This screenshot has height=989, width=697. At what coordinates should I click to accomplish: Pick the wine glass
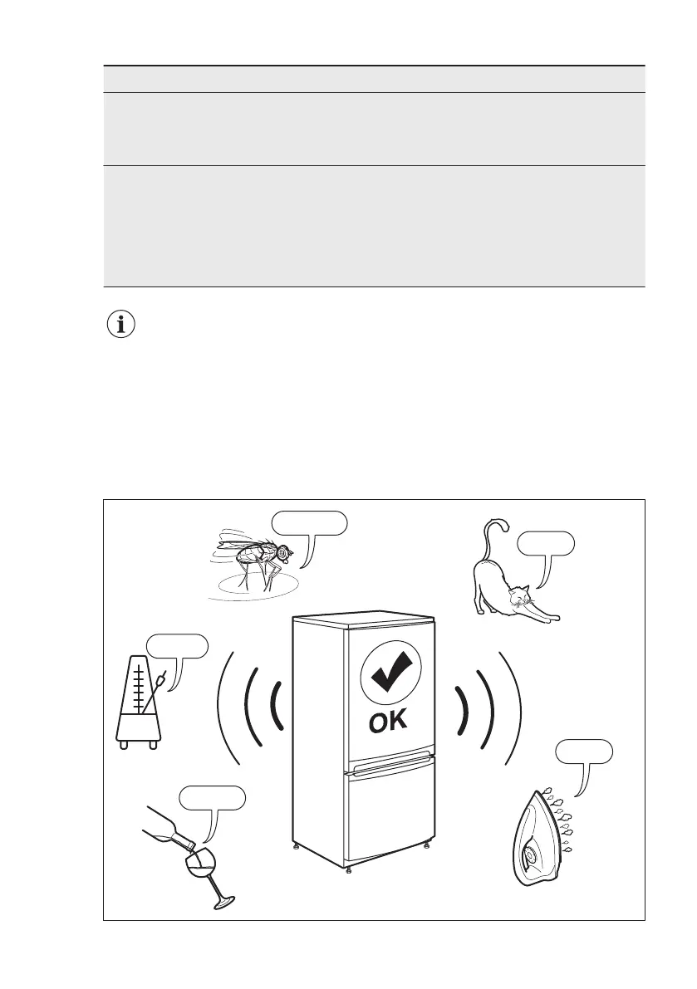(x=204, y=872)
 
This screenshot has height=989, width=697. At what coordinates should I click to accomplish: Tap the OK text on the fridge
(x=388, y=722)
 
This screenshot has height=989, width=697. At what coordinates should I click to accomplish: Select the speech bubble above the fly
(x=309, y=523)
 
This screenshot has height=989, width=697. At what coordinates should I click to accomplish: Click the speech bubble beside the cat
(x=545, y=543)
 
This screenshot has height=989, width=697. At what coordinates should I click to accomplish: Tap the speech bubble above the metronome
(x=176, y=645)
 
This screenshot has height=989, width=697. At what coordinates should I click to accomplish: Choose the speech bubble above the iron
(x=585, y=752)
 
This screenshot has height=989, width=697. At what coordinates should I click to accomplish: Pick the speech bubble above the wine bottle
(x=214, y=797)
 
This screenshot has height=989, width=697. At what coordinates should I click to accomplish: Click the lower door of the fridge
(x=390, y=810)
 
